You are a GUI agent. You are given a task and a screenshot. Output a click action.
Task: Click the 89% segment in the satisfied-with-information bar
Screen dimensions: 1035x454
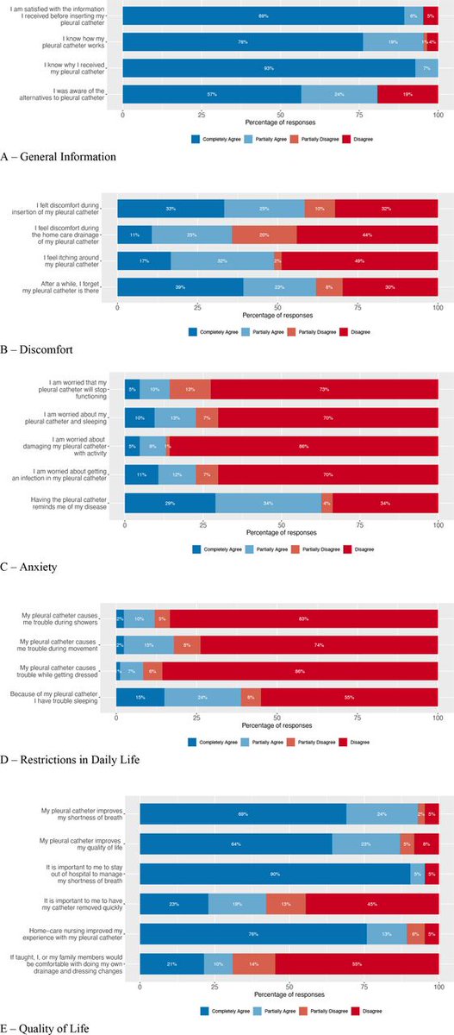click(264, 16)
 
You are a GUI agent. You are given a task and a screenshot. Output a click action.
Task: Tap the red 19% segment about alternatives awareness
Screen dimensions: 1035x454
click(407, 95)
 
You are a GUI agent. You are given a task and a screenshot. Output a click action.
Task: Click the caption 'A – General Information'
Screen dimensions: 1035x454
click(59, 156)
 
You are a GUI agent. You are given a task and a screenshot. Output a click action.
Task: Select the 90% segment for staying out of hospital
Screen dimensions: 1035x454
click(276, 874)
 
